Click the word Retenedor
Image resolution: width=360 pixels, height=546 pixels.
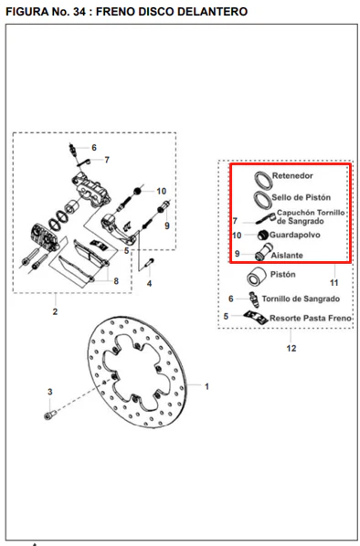pos(292,176)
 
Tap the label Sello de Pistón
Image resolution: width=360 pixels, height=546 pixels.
pos(302,197)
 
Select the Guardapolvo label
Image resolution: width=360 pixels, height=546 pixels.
pos(295,235)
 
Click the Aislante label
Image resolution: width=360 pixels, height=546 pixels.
pos(287,256)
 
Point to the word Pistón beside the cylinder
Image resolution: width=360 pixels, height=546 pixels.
pos(283,275)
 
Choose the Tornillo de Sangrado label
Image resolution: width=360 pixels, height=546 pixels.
pos(301,299)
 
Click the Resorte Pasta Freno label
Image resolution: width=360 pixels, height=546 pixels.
pos(310,319)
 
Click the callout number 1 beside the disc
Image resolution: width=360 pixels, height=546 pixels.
pos(206,386)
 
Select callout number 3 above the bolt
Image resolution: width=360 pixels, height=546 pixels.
pos(50,392)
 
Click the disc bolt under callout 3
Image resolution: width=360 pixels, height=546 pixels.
pos(50,415)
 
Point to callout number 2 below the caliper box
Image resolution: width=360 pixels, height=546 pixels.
pos(55,311)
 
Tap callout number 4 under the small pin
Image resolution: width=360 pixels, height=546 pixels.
pos(149,283)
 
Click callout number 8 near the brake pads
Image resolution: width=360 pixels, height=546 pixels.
pos(116,280)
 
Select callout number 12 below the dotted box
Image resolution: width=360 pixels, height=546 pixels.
pos(291,348)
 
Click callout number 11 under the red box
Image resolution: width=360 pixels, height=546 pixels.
pos(334,283)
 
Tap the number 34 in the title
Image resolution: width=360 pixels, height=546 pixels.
pos(79,12)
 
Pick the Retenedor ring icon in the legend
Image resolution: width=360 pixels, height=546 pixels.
pos(263,181)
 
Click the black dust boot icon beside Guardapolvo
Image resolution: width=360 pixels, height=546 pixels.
pos(263,236)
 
